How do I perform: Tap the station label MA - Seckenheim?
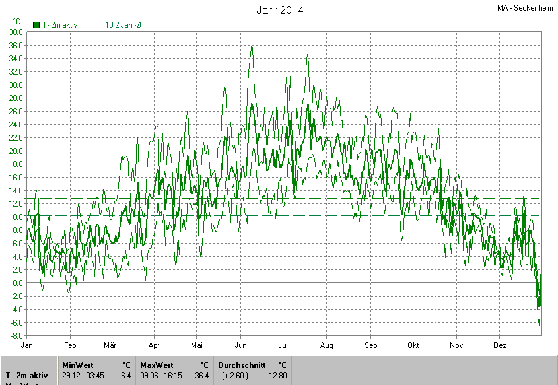click(x=526, y=9)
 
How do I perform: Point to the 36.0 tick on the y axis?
click(x=16, y=45)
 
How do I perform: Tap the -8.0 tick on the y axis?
click(x=17, y=335)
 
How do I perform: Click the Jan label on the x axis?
click(x=27, y=345)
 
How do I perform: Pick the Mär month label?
click(x=110, y=345)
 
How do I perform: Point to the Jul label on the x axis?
click(x=283, y=345)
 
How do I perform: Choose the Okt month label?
click(x=413, y=345)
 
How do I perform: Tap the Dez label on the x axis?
click(x=500, y=345)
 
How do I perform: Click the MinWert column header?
click(x=78, y=365)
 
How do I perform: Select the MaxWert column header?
click(x=156, y=365)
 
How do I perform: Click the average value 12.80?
click(x=278, y=376)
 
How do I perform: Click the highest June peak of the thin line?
click(x=252, y=44)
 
